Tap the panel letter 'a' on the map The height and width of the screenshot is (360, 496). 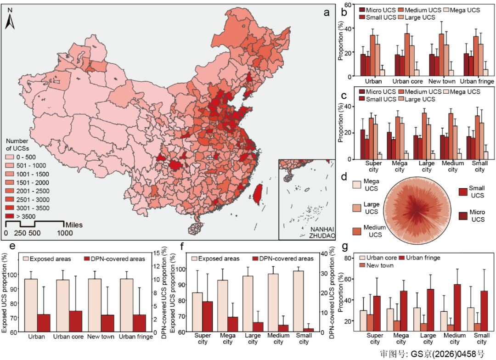327,12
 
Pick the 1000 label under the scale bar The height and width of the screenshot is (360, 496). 65,233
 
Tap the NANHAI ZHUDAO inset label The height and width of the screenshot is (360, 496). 321,232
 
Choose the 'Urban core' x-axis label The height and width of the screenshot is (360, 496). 68,337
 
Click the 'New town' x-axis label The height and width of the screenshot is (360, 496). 101,337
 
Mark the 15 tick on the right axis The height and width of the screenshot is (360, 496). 157,253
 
